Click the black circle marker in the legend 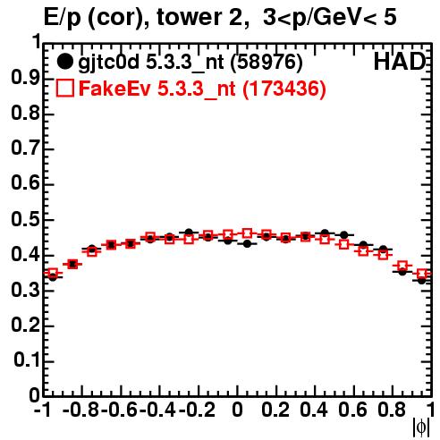[64, 62]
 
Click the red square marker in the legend [65, 88]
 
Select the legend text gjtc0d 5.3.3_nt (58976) [190, 63]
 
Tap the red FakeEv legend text [203, 89]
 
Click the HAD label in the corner [400, 62]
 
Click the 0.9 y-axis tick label [25, 78]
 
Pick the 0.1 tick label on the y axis [27, 360]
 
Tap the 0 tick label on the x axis [237, 410]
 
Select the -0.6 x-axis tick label [119, 410]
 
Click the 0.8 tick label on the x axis [392, 410]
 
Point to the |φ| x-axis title [421, 427]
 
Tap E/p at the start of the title [62, 19]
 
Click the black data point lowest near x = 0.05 [247, 244]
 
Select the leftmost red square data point [53, 273]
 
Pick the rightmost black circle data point [421, 280]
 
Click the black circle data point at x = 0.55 [344, 235]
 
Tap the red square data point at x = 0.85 [402, 266]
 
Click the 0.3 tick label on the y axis [25, 290]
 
